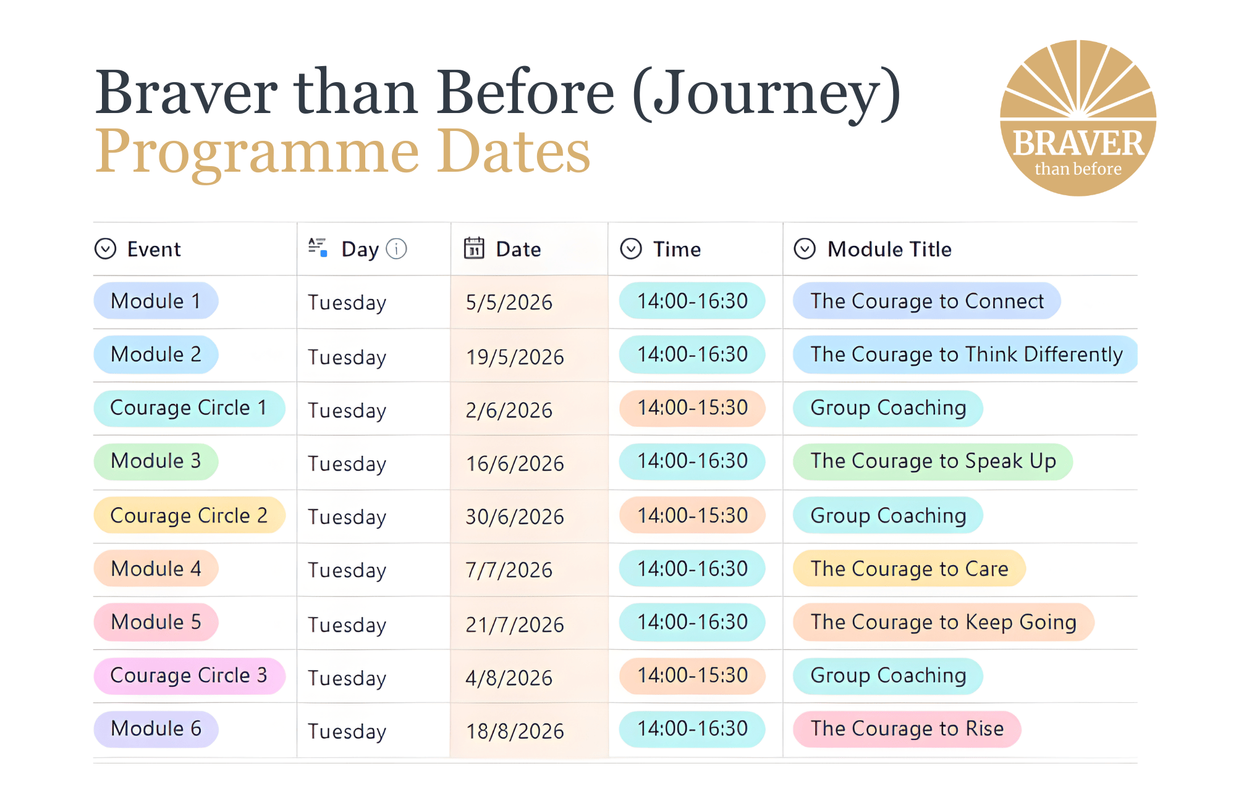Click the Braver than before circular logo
[1078, 118]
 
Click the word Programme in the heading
[257, 151]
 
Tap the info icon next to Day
[396, 249]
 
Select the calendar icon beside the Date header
[474, 248]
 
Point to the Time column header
[677, 249]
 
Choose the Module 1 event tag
[156, 301]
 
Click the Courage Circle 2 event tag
[188, 515]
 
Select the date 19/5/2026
[515, 357]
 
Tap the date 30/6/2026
[515, 516]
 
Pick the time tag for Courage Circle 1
[692, 408]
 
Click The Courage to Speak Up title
[933, 461]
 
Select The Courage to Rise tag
[907, 729]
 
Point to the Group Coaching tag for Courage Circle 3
[887, 675]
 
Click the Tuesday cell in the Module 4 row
[347, 570]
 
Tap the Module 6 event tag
[156, 729]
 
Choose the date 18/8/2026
[515, 731]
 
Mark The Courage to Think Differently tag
[966, 355]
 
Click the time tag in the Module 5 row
[692, 622]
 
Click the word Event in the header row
[154, 249]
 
